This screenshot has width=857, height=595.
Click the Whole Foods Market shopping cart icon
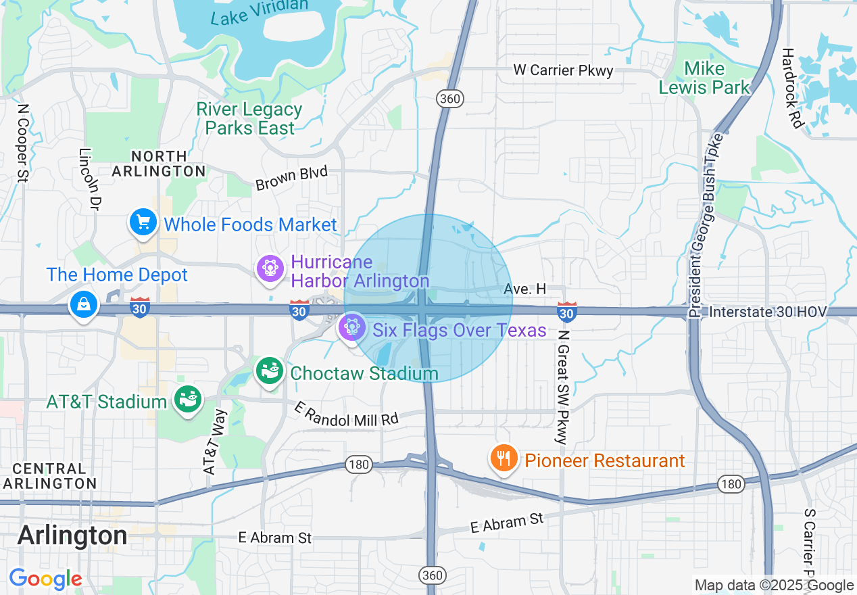[143, 222]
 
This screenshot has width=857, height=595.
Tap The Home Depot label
[117, 275]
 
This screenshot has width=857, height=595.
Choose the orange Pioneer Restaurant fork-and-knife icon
[503, 459]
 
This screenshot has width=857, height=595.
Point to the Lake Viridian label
[259, 12]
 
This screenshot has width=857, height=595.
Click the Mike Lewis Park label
[704, 78]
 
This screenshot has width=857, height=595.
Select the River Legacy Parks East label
[249, 118]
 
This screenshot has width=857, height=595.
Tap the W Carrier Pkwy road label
[563, 70]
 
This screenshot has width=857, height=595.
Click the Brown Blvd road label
[291, 178]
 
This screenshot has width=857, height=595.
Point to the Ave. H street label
[524, 289]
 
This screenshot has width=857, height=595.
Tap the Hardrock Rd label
[791, 88]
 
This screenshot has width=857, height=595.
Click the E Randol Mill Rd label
[347, 413]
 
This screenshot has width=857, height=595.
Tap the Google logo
[45, 579]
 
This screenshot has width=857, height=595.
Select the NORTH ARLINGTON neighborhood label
[158, 162]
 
